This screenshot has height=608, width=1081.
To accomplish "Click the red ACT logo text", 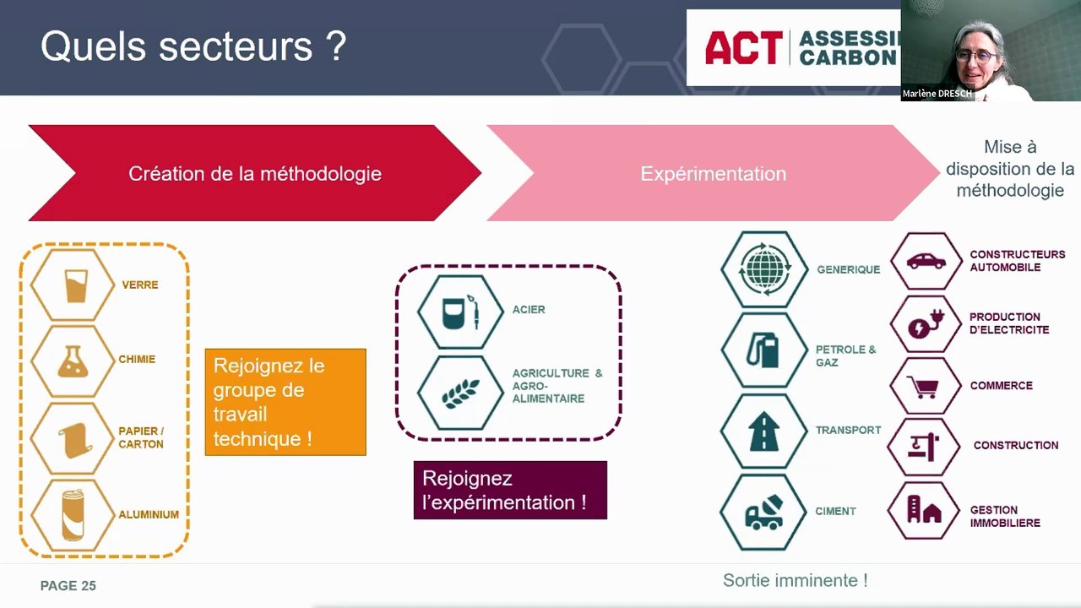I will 743,48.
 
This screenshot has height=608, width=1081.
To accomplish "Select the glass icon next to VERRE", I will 76,285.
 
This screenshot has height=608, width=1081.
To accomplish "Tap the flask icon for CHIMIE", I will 73,361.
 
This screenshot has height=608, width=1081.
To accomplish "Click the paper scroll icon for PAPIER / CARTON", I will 73,438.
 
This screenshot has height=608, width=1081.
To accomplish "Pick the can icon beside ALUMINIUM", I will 73,514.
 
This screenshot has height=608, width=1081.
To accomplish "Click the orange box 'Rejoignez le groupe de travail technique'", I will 285,402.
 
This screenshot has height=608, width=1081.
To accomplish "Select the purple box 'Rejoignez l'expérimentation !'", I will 510,490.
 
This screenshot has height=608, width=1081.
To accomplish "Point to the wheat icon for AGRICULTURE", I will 460,393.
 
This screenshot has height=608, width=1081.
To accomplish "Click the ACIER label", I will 529,310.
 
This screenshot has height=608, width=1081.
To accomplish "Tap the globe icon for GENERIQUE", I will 765,269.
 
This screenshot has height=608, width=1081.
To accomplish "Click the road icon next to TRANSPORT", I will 763,431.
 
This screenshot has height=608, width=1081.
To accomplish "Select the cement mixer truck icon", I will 763,512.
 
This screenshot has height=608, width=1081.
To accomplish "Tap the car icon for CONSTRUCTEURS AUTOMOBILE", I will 926,261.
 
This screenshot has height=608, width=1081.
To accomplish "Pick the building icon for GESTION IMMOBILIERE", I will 924,510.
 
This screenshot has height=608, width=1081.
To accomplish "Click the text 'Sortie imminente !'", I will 795,581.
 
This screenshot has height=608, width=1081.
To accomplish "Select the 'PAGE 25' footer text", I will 68,586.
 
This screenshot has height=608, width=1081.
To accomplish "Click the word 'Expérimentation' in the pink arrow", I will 713,174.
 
